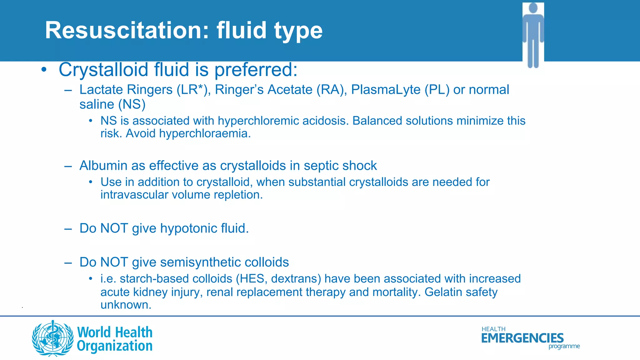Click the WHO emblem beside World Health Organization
(x=53, y=338)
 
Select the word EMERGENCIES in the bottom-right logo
(x=522, y=338)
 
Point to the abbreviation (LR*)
(x=192, y=90)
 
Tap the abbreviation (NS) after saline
(x=132, y=104)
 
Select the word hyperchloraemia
(x=204, y=133)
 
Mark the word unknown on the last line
(x=125, y=305)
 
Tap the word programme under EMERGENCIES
(x=564, y=346)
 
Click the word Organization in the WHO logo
(x=115, y=346)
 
